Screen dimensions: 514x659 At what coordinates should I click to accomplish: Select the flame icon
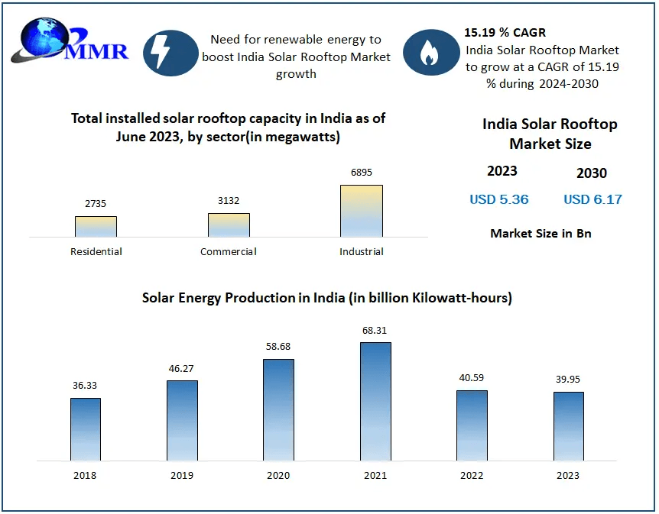(x=430, y=52)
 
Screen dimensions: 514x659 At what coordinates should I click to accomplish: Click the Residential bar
(x=96, y=226)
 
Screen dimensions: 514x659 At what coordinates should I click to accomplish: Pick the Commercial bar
(x=229, y=225)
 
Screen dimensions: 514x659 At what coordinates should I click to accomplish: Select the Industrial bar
(x=362, y=211)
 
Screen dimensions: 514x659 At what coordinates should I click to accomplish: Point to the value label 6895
(x=362, y=173)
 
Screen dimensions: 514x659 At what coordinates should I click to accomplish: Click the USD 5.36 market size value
(x=499, y=199)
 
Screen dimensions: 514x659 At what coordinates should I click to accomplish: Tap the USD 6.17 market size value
(x=592, y=199)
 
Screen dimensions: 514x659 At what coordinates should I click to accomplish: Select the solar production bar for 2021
(x=375, y=401)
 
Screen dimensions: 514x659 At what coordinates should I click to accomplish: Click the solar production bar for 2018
(x=86, y=429)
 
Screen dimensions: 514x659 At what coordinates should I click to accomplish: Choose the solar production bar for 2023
(x=568, y=426)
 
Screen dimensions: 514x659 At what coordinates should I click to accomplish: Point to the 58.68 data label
(x=278, y=346)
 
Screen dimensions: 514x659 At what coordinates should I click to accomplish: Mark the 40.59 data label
(x=472, y=377)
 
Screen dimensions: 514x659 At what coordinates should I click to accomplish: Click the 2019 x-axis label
(x=182, y=475)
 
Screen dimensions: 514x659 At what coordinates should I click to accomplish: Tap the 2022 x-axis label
(x=472, y=475)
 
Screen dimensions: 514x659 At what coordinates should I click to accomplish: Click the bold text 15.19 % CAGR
(x=505, y=33)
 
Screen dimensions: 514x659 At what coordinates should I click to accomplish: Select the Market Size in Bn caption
(x=541, y=233)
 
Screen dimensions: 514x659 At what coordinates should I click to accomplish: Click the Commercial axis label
(x=229, y=251)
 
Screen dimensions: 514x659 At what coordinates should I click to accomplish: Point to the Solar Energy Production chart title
(x=327, y=298)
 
